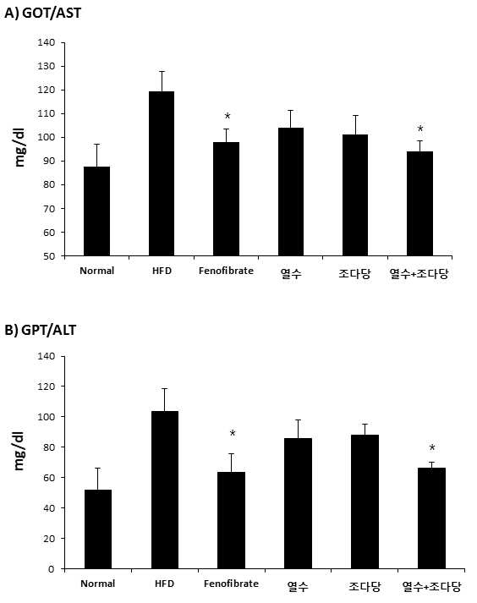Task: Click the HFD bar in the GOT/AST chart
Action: (162, 173)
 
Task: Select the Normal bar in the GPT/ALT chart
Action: (98, 529)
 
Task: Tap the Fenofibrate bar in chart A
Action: (226, 199)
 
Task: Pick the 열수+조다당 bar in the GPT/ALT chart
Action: (431, 518)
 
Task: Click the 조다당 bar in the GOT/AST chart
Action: (355, 195)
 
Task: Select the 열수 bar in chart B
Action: (298, 503)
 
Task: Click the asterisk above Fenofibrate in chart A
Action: (228, 116)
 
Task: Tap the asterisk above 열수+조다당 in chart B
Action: (432, 447)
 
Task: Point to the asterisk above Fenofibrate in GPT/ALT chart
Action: (233, 433)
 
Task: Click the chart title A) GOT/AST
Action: (42, 13)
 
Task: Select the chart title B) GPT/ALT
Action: (40, 330)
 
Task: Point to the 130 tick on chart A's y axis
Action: (47, 66)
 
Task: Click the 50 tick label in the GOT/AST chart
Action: (49, 256)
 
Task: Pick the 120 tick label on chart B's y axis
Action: (47, 386)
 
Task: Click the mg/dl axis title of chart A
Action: (19, 147)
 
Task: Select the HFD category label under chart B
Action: (164, 584)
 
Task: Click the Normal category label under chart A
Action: (97, 271)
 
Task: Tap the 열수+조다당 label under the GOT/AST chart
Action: (419, 273)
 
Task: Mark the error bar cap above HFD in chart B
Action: (164, 388)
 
